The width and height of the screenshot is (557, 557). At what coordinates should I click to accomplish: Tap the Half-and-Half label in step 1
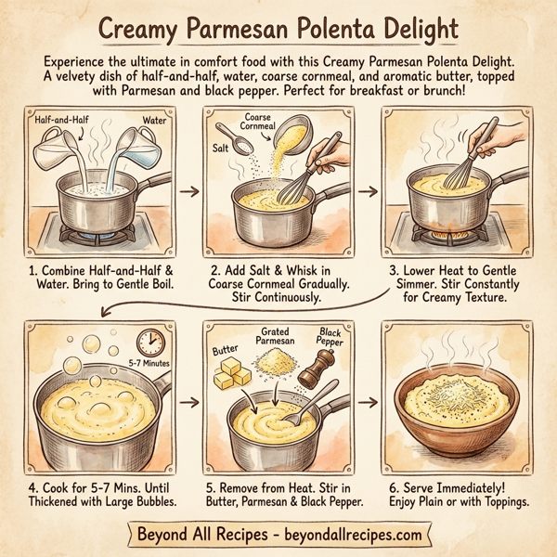click(58, 121)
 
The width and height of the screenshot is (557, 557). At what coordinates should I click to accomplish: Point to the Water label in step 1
click(154, 120)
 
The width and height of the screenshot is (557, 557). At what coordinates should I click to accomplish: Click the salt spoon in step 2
click(227, 137)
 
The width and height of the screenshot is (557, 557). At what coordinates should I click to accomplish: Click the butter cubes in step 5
click(231, 373)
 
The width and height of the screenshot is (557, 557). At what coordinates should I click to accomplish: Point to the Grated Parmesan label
click(277, 336)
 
